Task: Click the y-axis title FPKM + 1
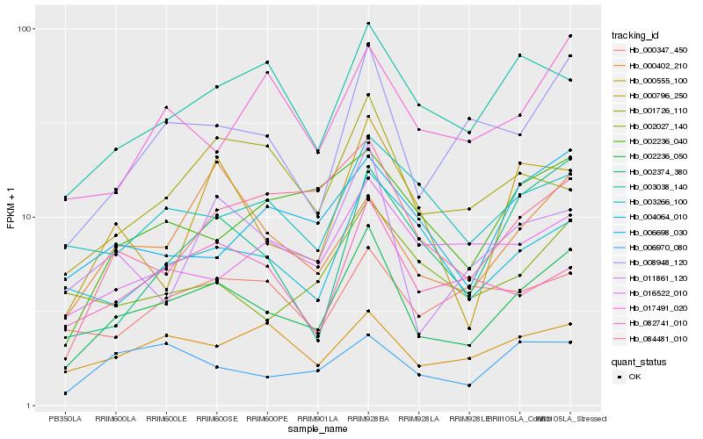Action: click(11, 217)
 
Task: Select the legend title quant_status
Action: click(640, 362)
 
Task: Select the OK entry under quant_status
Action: click(634, 377)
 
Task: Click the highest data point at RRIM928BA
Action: click(367, 23)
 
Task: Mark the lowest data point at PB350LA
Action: click(65, 393)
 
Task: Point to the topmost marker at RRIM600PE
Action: click(267, 62)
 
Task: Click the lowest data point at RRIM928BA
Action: click(367, 335)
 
